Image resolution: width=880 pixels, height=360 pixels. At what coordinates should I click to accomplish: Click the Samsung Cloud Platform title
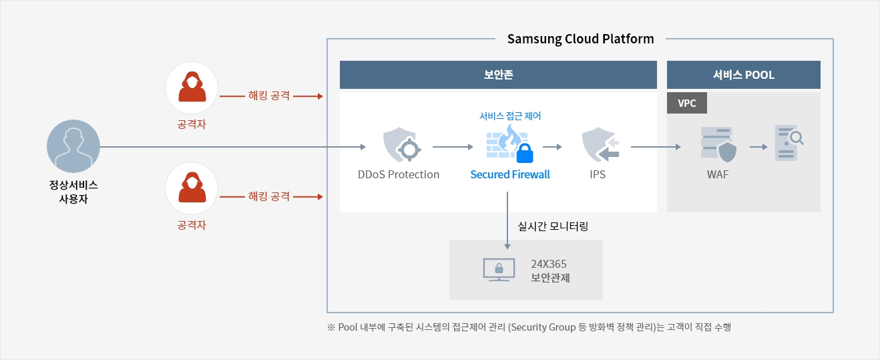tap(580, 39)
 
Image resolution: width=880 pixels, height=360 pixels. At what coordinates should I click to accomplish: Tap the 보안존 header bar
tap(498, 75)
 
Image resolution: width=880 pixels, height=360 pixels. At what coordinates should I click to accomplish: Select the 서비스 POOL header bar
tap(743, 75)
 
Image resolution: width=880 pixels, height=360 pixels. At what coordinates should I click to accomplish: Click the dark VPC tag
tap(687, 103)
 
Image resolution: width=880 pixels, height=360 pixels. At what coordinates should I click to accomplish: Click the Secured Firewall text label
tap(510, 174)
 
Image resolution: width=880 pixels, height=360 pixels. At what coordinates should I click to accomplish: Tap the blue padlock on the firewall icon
tap(525, 153)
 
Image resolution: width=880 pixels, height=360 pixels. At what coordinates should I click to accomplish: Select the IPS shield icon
tap(600, 144)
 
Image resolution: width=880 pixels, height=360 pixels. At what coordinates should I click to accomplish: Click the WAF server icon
tap(718, 144)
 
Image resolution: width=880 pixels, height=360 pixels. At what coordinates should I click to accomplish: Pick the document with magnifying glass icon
tap(789, 143)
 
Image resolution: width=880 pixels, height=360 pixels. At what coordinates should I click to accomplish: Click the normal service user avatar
tap(73, 146)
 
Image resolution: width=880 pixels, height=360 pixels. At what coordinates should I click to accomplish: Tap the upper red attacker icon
tap(192, 87)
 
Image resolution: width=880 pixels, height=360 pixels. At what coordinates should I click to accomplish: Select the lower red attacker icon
tap(192, 188)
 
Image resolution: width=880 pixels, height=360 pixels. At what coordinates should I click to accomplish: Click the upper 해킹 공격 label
tap(269, 96)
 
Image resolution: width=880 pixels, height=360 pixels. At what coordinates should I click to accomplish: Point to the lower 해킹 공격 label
tap(269, 196)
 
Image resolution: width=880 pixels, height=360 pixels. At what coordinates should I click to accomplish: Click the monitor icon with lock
tap(499, 270)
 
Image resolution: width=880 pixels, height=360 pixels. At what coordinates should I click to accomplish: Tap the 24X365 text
tap(548, 264)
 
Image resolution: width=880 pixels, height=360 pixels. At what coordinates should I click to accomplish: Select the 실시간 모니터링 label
tap(553, 226)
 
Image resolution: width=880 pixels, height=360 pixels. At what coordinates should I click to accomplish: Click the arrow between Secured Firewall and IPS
tap(552, 147)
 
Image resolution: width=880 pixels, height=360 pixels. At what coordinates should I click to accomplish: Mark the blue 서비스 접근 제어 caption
tap(510, 116)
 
